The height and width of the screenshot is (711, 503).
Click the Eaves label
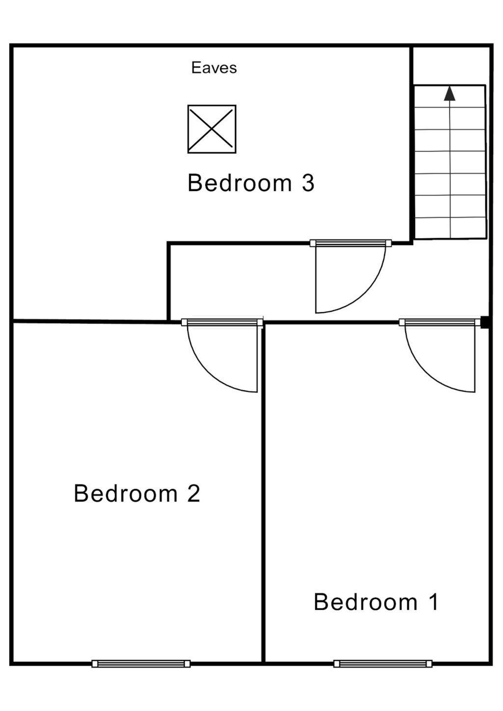214,68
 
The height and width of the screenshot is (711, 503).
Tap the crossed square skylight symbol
212,129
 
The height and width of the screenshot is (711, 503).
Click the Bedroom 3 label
251,183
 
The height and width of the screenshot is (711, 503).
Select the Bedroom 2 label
137,493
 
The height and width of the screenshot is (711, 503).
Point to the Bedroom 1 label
376,602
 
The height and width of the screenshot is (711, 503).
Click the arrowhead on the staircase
449,93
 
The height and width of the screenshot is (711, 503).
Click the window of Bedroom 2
141,664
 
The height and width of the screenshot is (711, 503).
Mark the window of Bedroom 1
383,664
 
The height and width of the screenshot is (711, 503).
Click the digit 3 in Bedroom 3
308,183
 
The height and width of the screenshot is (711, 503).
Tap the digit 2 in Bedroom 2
194,493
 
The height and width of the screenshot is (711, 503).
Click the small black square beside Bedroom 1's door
484,323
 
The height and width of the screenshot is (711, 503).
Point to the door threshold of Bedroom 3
350,243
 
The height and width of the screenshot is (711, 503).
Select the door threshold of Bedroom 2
222,323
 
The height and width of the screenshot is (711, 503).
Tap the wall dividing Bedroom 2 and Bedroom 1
263,491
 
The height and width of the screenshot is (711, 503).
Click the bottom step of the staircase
450,228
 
